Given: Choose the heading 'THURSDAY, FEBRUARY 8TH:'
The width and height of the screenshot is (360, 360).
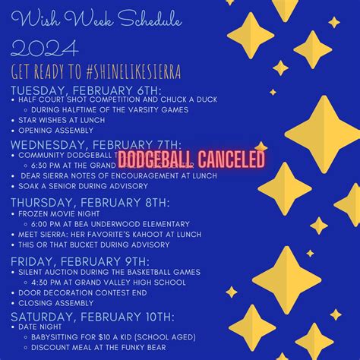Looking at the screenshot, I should [x=90, y=203].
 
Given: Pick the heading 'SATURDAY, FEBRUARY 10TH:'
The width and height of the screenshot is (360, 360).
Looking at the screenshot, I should [x=91, y=316].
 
